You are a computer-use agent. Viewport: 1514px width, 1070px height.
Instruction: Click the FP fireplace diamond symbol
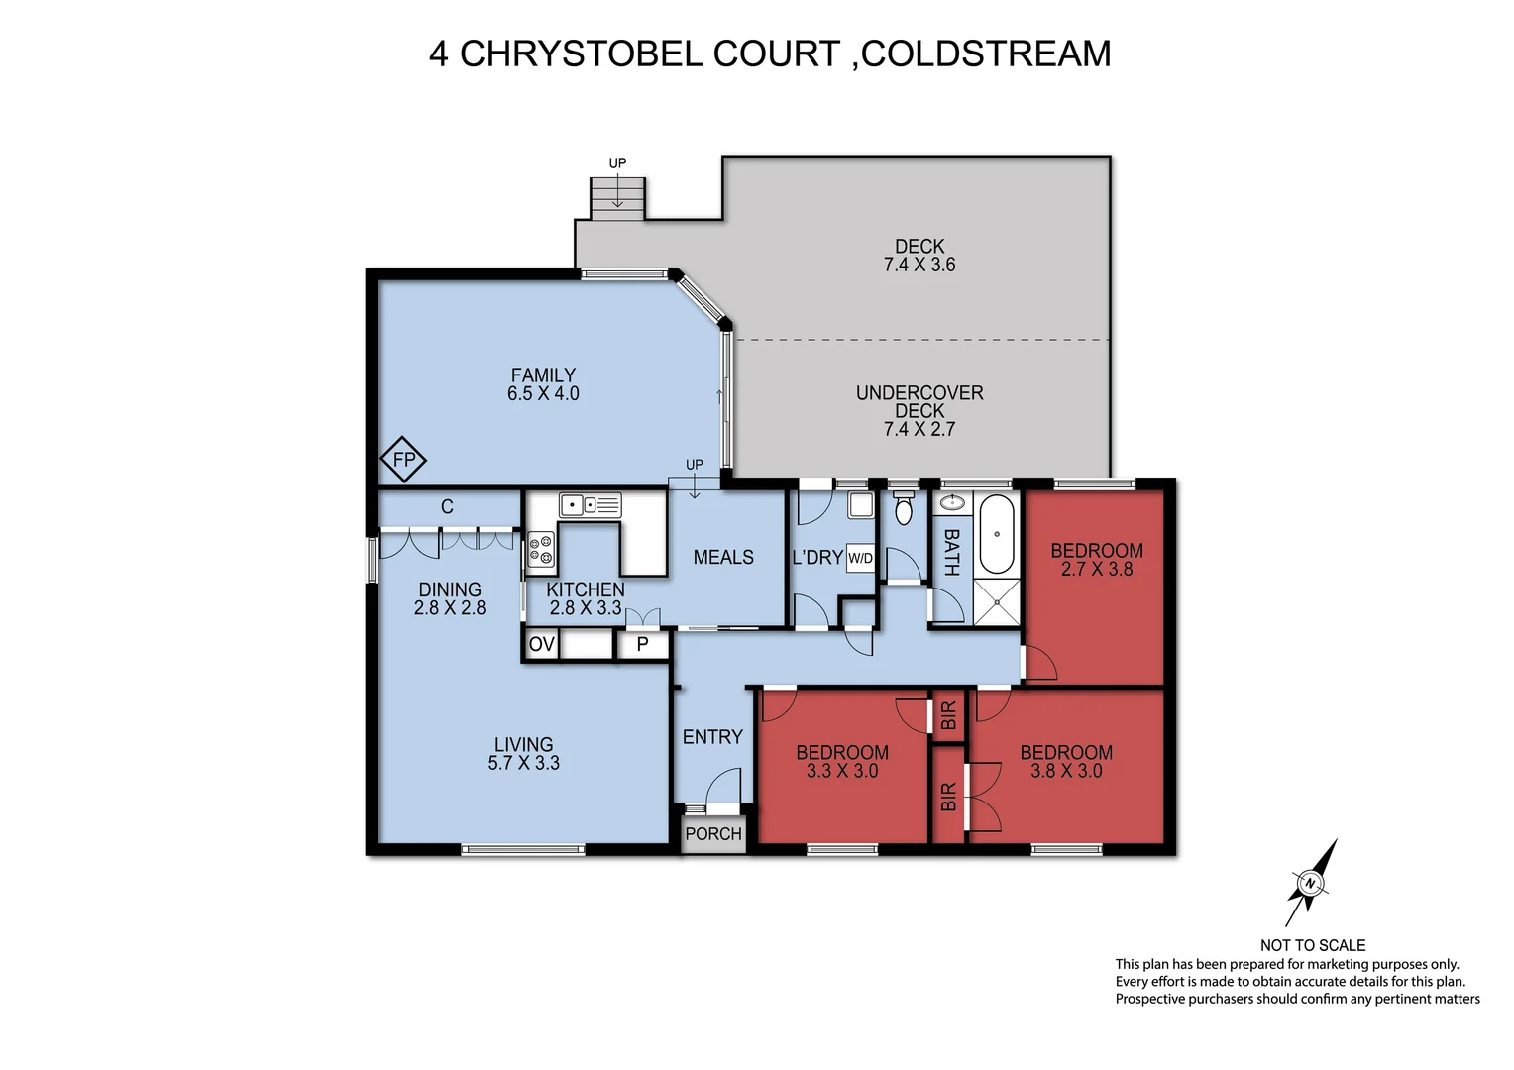click(403, 460)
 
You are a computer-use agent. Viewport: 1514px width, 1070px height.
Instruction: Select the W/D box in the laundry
click(860, 558)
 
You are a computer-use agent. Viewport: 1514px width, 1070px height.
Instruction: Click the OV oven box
click(541, 644)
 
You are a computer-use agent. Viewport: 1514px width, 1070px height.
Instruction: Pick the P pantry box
click(642, 645)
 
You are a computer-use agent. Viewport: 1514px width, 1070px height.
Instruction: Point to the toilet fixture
click(903, 508)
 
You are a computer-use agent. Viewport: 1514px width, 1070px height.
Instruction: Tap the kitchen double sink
click(590, 505)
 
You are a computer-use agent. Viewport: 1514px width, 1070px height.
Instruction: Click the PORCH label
click(713, 833)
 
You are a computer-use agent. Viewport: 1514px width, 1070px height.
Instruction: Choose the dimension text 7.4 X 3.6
click(919, 265)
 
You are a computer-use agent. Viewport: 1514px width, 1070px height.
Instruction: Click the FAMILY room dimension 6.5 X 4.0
click(543, 393)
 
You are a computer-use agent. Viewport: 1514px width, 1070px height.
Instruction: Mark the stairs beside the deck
click(617, 197)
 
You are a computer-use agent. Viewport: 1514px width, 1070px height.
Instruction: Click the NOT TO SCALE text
click(1312, 945)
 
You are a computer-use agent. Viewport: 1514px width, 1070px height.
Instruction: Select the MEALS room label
click(723, 557)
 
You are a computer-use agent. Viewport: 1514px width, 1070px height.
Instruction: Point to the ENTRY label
click(712, 736)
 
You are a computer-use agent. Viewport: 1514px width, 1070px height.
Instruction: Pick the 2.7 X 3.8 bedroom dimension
click(1096, 569)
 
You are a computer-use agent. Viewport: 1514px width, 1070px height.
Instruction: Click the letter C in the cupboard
click(447, 506)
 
